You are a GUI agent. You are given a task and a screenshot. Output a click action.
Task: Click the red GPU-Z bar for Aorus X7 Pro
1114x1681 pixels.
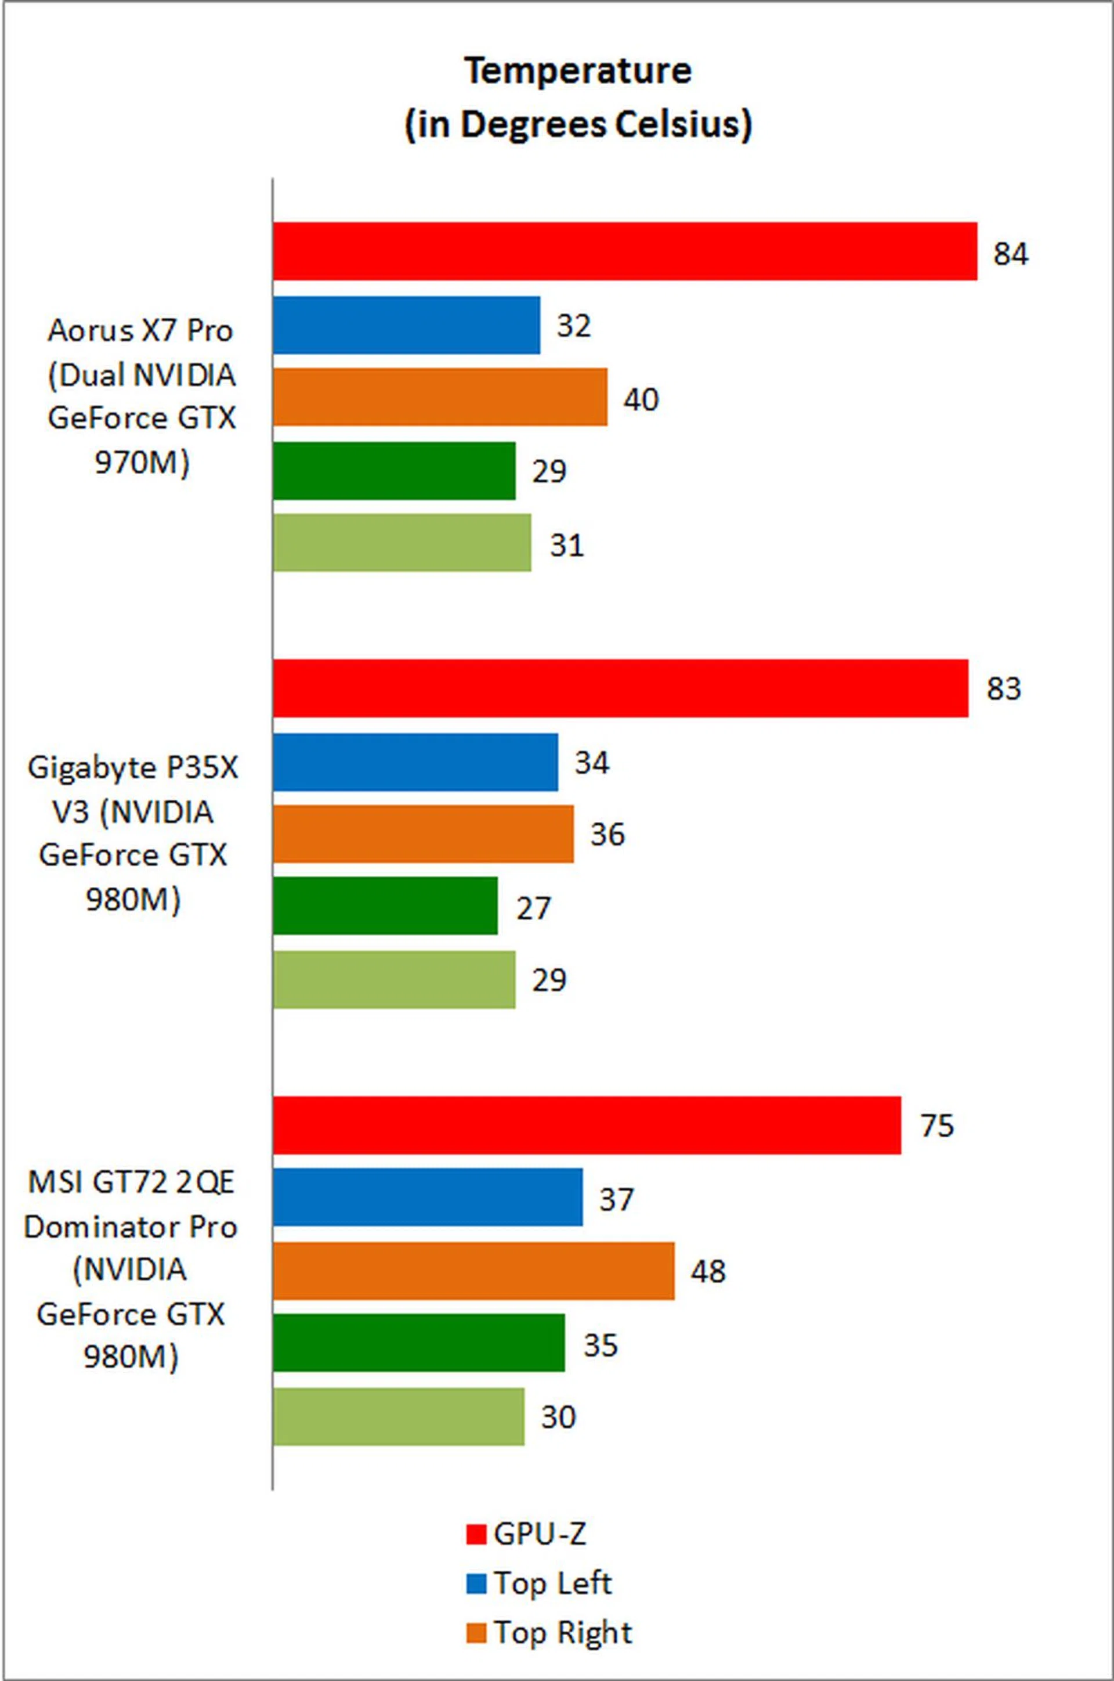(625, 251)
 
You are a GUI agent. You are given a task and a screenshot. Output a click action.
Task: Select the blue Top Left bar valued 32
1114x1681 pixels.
(406, 325)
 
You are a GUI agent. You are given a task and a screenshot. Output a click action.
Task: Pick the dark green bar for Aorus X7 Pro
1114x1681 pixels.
(395, 471)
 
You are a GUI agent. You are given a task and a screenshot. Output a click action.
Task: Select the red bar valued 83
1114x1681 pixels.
(620, 688)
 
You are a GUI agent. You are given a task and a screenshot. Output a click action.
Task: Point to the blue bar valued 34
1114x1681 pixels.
(415, 762)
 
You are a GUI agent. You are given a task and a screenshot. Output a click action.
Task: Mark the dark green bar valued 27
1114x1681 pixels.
(385, 906)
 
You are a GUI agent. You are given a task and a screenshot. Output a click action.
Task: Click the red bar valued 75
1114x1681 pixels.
(587, 1125)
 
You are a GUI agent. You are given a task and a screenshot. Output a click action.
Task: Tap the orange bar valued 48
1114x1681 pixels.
(474, 1271)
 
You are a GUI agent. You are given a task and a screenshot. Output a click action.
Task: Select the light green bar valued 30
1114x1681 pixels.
(399, 1416)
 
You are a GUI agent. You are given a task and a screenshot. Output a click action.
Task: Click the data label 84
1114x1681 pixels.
(1010, 254)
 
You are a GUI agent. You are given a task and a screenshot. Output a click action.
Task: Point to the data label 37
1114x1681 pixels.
(616, 1199)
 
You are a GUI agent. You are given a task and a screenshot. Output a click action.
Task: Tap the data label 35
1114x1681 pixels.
(601, 1345)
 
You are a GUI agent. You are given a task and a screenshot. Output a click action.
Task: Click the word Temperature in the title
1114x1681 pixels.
(578, 71)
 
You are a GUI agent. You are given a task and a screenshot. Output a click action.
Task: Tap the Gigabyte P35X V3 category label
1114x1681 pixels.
(133, 833)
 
